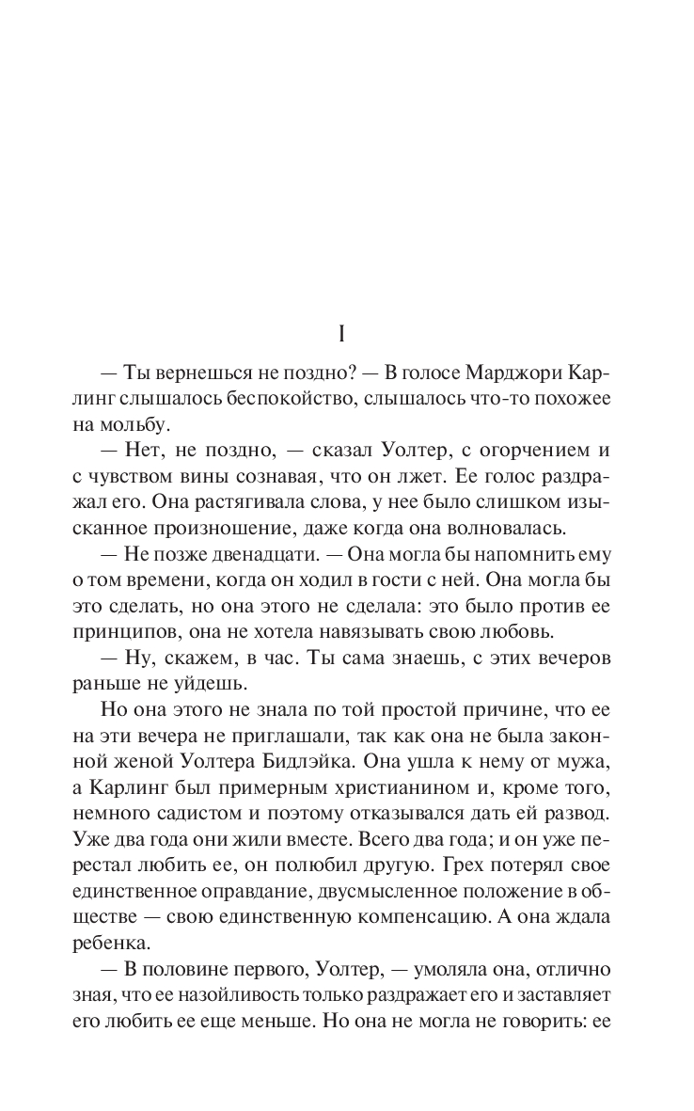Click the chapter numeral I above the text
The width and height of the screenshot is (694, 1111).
coord(347,335)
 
